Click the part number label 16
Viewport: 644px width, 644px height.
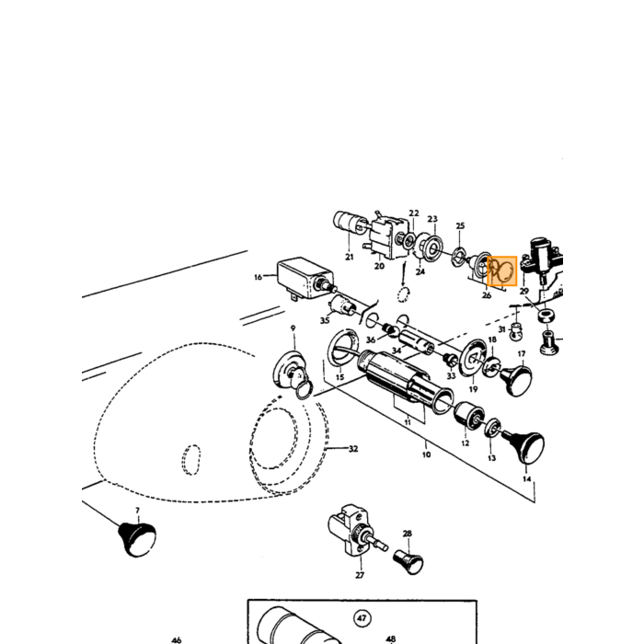pos(258,277)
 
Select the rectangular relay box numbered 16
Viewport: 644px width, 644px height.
pos(306,277)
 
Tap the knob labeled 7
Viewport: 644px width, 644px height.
pos(137,538)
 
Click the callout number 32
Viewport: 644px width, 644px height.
pos(353,449)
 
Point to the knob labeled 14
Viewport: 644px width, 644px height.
pos(525,446)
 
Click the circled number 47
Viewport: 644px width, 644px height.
pos(362,618)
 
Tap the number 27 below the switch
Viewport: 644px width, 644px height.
pos(360,575)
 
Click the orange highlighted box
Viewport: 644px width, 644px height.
pos(502,270)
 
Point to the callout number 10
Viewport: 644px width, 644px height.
pos(426,454)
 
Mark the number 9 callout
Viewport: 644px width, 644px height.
pos(293,328)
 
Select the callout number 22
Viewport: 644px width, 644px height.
pos(414,213)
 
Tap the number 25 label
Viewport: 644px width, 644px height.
pos(460,225)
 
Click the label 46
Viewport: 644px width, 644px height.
pos(177,639)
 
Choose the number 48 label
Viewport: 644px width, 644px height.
pos(391,638)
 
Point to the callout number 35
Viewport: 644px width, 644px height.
pos(325,320)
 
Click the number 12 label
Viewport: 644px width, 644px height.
pos(465,443)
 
